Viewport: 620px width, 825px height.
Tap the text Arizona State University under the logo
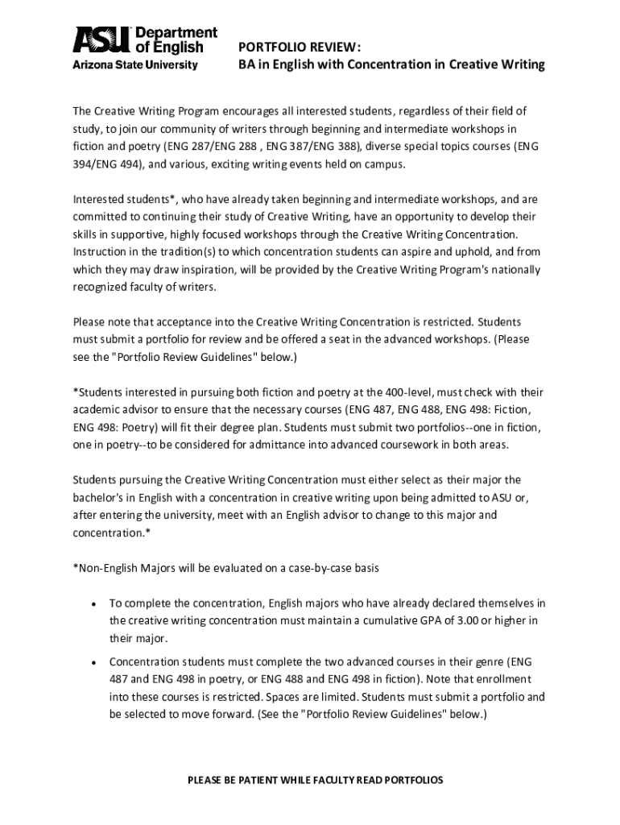point(135,64)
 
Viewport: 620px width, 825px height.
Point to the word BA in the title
point(246,64)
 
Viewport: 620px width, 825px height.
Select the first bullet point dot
point(94,603)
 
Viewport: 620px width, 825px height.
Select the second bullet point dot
point(94,662)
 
